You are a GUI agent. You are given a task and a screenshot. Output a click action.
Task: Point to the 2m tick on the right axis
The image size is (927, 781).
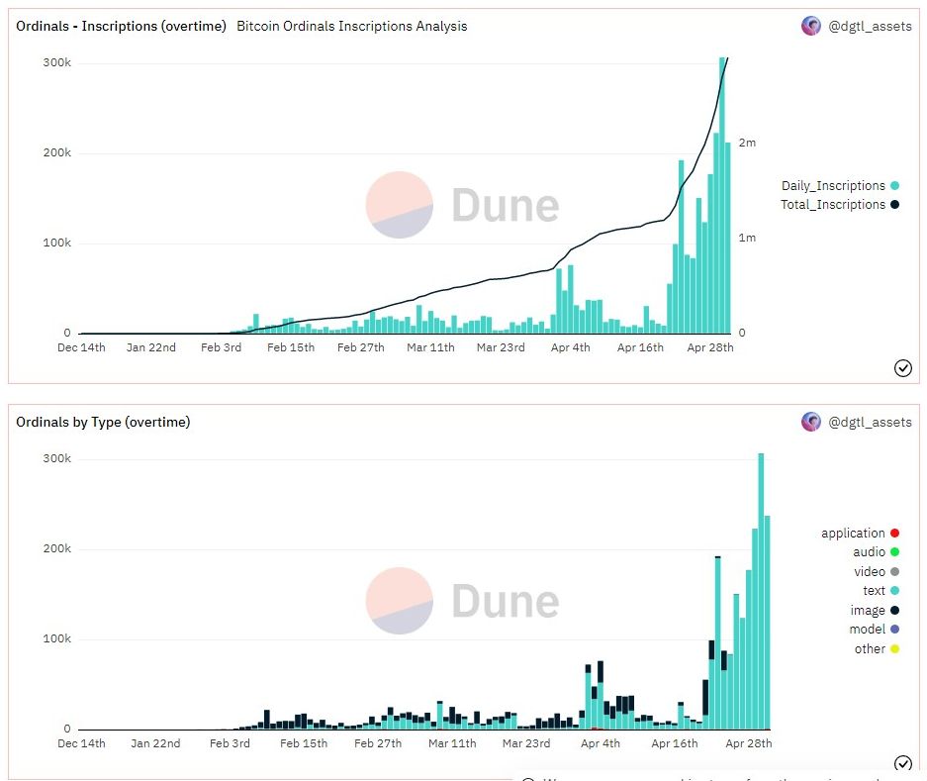748,143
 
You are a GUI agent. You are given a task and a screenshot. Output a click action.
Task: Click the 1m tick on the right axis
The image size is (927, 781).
748,238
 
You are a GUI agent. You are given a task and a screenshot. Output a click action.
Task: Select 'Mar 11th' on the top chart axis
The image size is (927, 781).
430,347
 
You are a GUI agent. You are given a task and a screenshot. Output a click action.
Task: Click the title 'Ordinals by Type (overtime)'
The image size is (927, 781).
103,422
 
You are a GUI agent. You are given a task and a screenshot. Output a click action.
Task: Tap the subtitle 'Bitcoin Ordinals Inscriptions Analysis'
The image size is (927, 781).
351,26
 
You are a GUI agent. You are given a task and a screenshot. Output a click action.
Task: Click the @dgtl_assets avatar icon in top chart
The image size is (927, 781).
810,26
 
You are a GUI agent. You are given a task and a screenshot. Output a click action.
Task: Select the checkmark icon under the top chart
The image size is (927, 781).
902,368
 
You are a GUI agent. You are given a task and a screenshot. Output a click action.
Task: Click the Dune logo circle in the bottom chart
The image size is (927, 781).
399,601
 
